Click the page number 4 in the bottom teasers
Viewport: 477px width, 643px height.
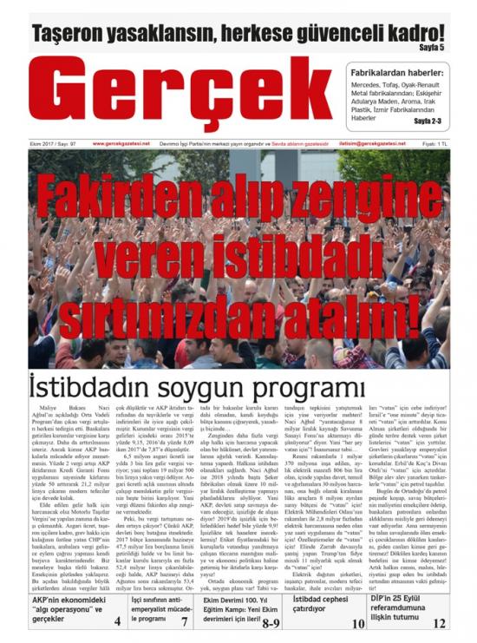(x=117, y=620)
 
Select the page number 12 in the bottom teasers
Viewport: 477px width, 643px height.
(x=440, y=622)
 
